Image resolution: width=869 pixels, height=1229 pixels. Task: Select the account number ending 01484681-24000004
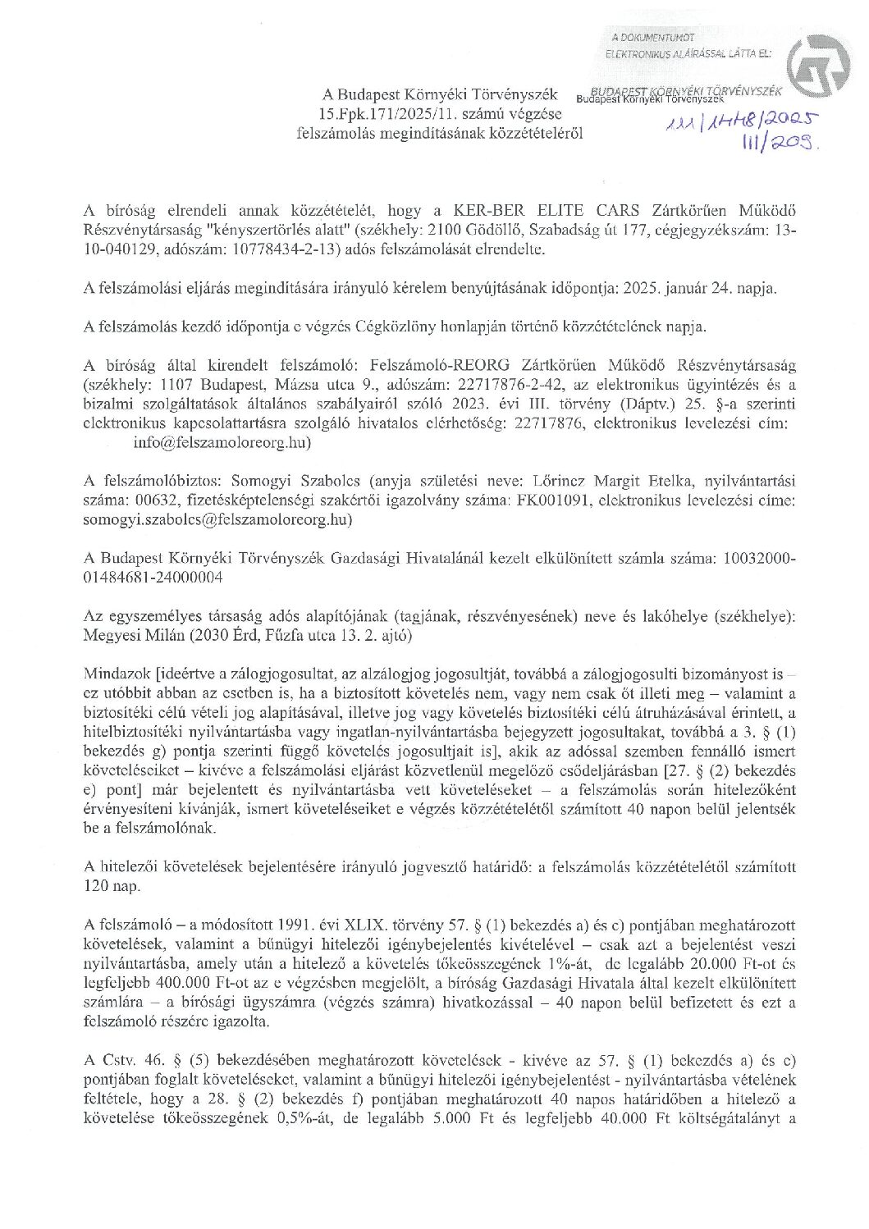click(151, 578)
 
